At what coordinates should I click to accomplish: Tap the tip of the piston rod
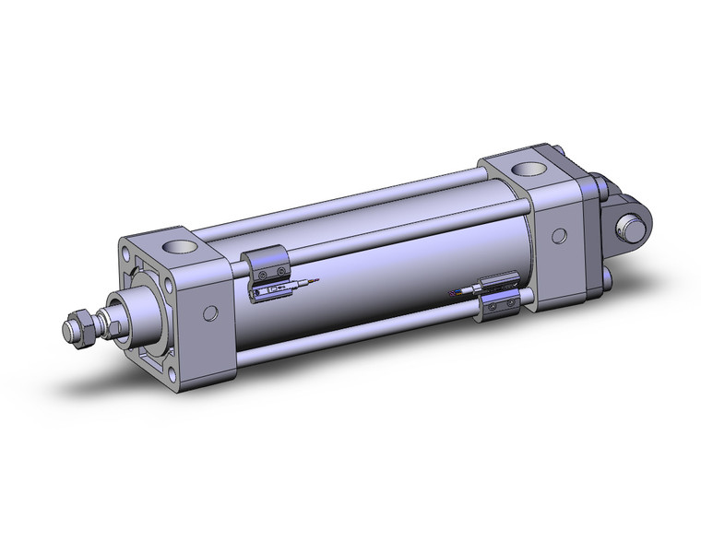point(67,329)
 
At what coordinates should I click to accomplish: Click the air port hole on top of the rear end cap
point(529,171)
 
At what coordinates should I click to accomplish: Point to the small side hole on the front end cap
point(211,312)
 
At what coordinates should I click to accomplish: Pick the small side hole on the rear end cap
point(558,236)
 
